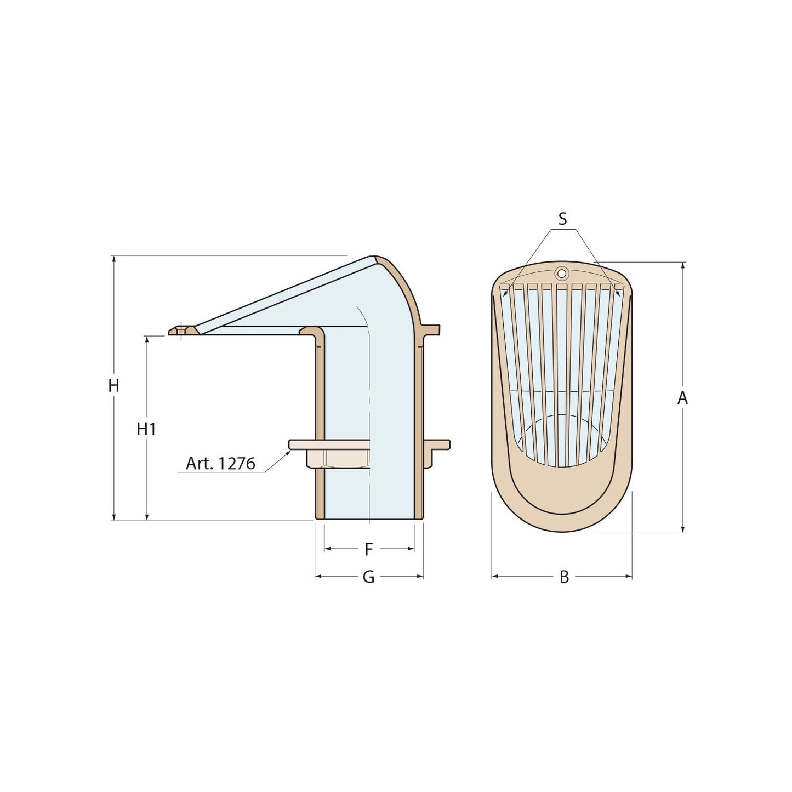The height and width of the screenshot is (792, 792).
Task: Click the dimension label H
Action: [x=113, y=386]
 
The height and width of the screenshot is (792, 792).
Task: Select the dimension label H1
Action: [x=146, y=429]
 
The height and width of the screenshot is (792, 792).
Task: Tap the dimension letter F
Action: [x=369, y=549]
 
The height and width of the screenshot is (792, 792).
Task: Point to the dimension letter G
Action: [x=369, y=577]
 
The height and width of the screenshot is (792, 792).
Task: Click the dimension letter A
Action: [x=682, y=398]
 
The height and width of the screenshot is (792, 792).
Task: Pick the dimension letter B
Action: [x=564, y=577]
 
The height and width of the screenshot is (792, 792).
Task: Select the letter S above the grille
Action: [x=562, y=219]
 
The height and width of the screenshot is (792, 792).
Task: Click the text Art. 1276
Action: [x=220, y=464]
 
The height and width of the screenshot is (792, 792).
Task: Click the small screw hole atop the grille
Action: [x=561, y=272]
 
